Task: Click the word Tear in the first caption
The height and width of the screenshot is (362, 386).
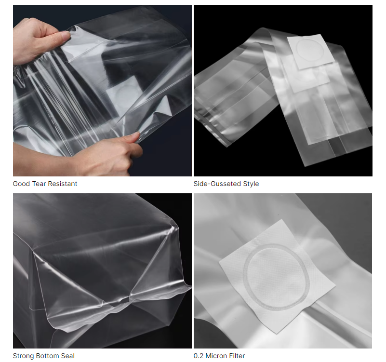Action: [40, 184]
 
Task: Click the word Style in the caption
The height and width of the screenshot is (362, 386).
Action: [251, 184]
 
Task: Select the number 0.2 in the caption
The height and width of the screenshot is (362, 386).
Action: [199, 356]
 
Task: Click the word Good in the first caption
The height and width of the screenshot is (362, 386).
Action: [22, 184]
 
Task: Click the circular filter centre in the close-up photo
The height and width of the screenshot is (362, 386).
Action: [276, 276]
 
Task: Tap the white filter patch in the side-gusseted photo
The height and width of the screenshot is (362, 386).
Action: [311, 51]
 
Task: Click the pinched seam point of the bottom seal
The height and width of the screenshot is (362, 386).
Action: [129, 298]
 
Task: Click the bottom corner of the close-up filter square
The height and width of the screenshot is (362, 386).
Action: [278, 334]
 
